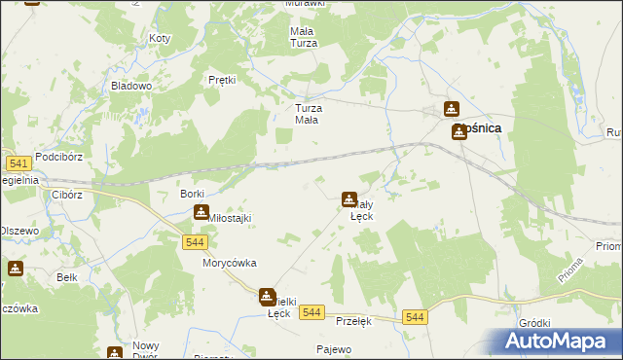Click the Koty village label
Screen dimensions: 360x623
[160, 39]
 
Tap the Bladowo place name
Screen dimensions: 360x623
[131, 86]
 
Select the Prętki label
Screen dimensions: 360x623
[223, 80]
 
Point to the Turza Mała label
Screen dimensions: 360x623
[309, 114]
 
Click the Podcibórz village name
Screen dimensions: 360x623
[61, 157]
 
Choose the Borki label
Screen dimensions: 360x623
[192, 195]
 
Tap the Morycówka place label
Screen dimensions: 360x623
[229, 264]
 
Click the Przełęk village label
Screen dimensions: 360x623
[354, 320]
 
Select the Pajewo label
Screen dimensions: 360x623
[334, 348]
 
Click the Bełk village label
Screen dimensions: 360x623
[66, 277]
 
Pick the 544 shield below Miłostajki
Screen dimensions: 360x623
[194, 241]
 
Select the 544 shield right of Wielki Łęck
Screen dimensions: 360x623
[311, 311]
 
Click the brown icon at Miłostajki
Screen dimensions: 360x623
[201, 212]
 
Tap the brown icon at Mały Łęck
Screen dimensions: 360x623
[348, 199]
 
